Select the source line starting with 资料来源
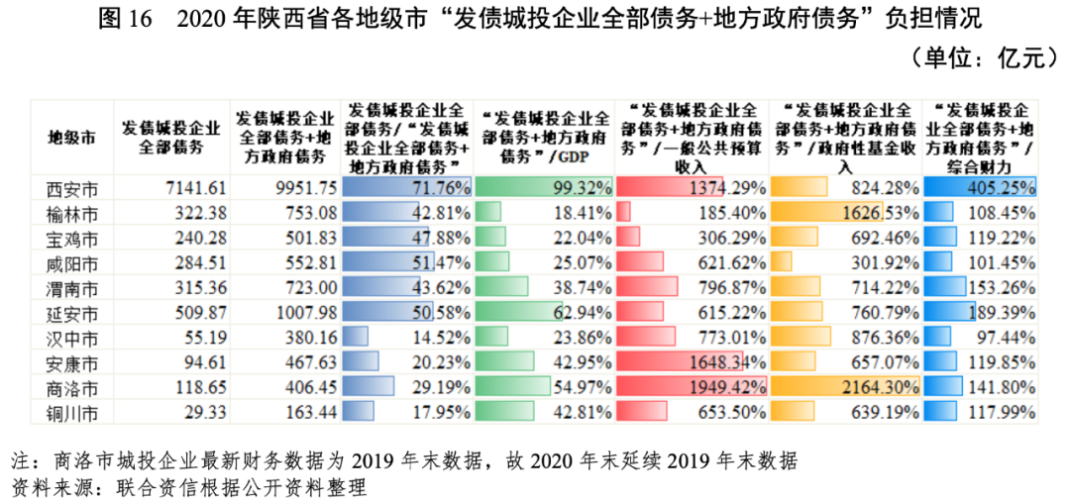click(188, 488)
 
